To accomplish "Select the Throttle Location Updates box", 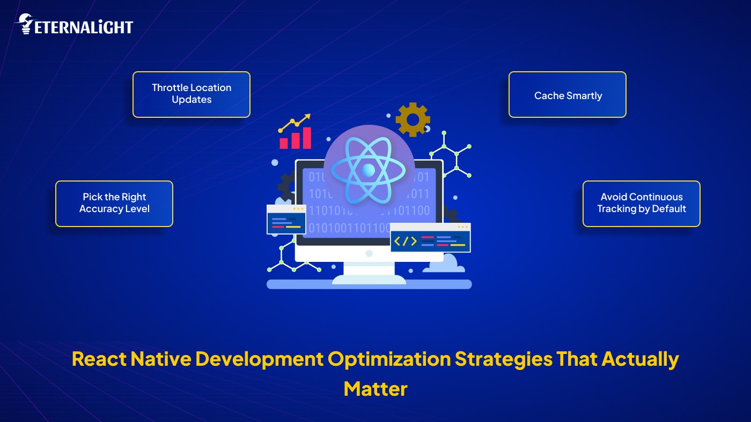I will coord(192,94).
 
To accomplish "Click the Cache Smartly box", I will coord(568,95).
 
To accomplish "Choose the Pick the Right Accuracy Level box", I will coord(114,204).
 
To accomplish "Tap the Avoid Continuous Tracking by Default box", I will coord(641,204).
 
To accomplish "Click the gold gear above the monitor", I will coord(413,119).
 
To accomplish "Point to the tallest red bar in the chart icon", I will coord(307,138).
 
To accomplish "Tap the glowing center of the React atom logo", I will coord(369,170).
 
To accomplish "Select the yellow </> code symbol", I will coord(405,241).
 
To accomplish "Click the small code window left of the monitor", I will coord(286,219).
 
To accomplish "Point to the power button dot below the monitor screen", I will coord(369,253).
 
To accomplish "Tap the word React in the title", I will coord(98,359).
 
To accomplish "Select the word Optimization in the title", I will coord(389,359).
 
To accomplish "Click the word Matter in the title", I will coord(376,388).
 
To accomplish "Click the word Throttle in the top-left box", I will coord(168,88).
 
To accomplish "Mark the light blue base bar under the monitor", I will coord(369,284).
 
